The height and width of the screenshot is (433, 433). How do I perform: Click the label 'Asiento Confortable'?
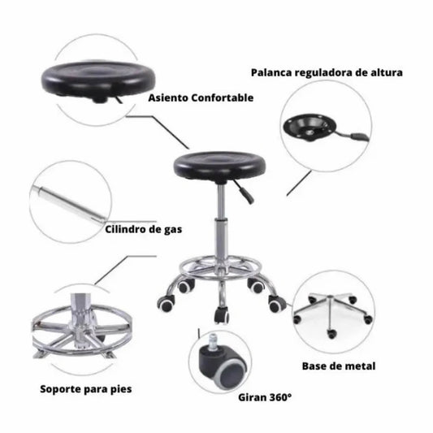201,97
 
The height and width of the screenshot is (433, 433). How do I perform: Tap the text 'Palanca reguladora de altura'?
326,72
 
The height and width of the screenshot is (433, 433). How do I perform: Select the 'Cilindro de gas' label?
143,229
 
